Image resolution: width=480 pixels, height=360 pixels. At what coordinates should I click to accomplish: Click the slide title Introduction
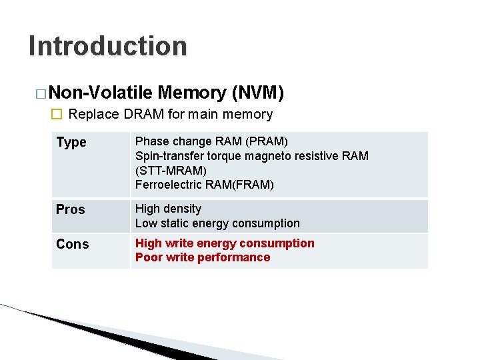tap(108, 47)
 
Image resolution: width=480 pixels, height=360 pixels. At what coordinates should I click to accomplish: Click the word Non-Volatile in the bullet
tap(101, 93)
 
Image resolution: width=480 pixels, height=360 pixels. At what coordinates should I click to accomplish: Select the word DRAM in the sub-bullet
tap(143, 115)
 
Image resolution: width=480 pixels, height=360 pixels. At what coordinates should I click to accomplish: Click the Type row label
tap(71, 143)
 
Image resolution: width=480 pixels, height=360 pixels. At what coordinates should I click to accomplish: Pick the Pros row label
tap(71, 209)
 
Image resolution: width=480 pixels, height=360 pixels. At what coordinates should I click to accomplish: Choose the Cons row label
tap(73, 244)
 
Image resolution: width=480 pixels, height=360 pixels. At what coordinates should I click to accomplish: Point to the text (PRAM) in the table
tap(265, 141)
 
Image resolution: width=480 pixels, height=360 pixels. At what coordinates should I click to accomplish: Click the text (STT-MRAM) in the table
tap(171, 171)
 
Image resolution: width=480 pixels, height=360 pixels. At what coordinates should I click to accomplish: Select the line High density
tap(168, 209)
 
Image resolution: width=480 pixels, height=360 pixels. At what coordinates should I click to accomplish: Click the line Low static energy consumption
tap(217, 223)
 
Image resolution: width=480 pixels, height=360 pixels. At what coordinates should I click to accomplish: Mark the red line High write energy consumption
tap(225, 243)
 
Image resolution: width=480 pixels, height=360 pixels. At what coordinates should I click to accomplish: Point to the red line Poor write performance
tap(203, 257)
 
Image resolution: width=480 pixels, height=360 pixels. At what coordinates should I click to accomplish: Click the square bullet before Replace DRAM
tap(57, 115)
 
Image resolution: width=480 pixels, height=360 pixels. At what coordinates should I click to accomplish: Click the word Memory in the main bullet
tap(191, 93)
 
